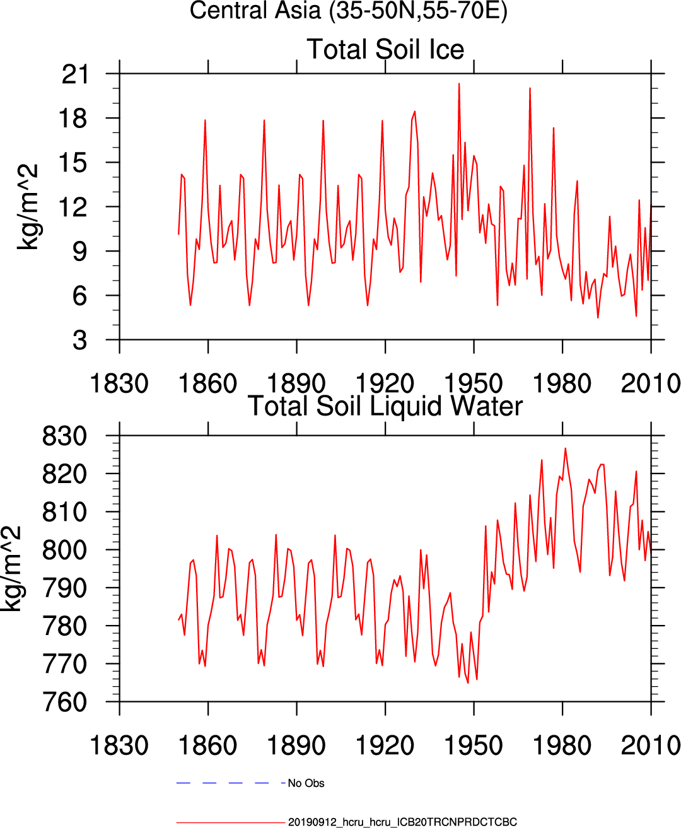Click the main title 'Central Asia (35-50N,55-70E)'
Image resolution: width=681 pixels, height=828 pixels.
[x=348, y=11]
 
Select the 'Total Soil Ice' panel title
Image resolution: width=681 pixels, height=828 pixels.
[x=385, y=49]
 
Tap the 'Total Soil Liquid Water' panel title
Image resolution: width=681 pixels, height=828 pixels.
[x=385, y=406]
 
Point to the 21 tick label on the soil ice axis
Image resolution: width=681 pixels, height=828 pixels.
[x=75, y=74]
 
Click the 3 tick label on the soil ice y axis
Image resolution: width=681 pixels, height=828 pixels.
[x=80, y=341]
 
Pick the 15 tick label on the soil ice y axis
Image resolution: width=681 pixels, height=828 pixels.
[x=75, y=163]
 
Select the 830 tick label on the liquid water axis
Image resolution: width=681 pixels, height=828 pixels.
[x=64, y=436]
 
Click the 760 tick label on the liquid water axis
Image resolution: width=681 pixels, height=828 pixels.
[x=64, y=702]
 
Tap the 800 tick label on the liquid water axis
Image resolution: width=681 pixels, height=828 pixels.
[x=64, y=550]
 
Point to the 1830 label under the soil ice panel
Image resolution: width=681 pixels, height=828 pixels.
[x=119, y=383]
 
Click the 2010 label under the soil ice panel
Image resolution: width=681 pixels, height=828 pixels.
[x=650, y=383]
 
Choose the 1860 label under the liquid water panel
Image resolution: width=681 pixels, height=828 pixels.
[x=207, y=745]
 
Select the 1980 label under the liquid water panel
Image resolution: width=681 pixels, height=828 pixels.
[x=562, y=745]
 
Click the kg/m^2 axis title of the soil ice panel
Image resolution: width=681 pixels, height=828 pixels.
[x=28, y=207]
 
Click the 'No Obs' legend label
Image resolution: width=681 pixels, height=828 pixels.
[x=306, y=783]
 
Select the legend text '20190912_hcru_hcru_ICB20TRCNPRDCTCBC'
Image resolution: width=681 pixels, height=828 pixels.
[x=402, y=822]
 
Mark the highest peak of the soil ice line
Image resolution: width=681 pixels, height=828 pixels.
[x=459, y=83]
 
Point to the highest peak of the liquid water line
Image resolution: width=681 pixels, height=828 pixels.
[x=565, y=448]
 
